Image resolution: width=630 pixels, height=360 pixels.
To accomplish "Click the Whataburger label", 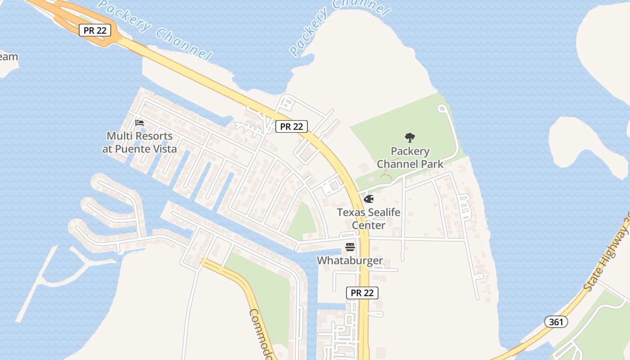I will coord(350,261).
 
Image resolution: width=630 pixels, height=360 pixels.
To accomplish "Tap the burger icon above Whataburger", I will coord(350,247).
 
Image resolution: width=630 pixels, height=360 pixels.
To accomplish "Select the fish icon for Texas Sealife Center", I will coord(369,198).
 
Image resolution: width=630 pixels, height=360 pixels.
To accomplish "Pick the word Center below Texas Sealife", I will coord(369,225).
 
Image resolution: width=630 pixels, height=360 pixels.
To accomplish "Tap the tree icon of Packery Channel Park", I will coord(409,137).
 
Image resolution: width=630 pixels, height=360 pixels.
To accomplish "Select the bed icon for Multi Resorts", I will coord(139,122).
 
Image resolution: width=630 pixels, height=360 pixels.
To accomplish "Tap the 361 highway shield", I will coord(556,322).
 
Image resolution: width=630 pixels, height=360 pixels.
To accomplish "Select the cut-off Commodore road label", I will coord(261,333).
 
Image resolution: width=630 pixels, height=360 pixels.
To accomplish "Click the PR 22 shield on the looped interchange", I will coord(94,30).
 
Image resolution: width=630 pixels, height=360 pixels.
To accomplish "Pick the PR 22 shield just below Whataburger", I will coord(362,293).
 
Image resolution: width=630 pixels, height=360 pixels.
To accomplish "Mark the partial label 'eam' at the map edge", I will coord(9,57).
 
